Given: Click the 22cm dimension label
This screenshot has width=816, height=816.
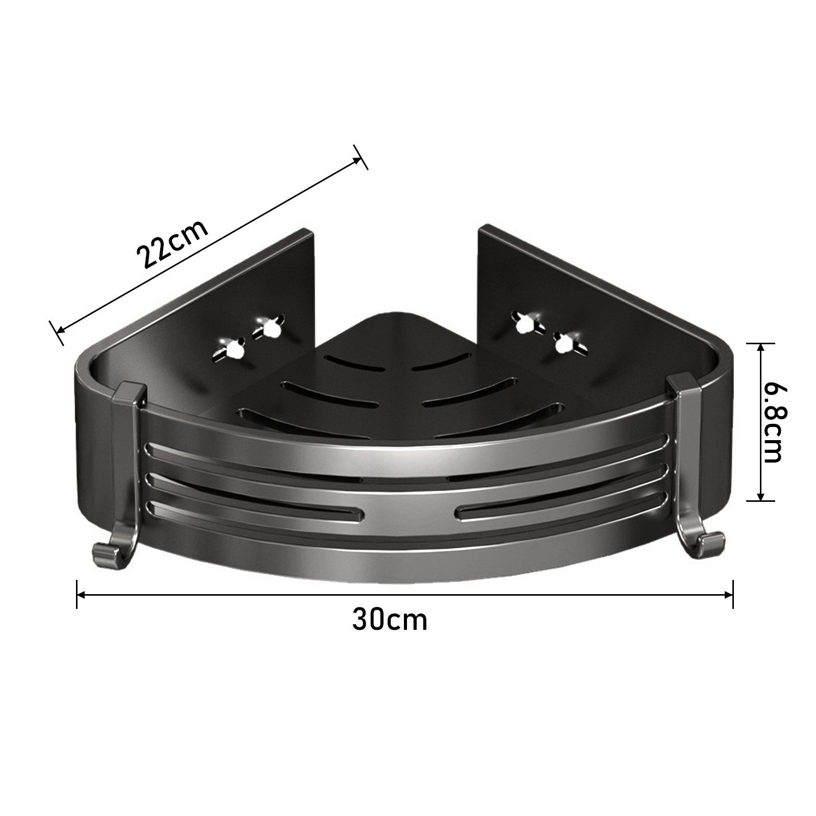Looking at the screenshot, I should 172,243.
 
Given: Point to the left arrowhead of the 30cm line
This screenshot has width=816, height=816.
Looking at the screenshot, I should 82,594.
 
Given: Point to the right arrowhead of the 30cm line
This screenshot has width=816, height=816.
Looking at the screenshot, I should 728,594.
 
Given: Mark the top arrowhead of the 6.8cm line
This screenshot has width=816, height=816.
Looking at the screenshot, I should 760,348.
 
